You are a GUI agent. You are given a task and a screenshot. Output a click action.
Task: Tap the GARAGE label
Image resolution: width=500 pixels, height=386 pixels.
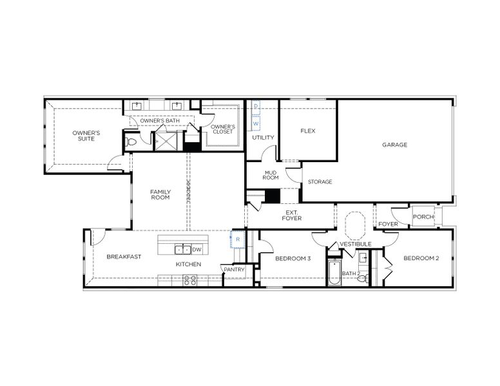click(394, 145)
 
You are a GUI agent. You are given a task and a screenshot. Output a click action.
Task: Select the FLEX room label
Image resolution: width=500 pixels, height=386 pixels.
click(307, 131)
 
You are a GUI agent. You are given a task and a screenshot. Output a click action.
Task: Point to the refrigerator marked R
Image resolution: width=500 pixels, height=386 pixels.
click(237, 239)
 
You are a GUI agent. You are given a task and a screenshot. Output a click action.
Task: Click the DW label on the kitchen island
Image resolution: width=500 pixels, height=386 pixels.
click(197, 250)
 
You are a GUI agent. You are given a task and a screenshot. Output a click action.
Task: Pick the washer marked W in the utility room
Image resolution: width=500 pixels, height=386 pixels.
click(256, 122)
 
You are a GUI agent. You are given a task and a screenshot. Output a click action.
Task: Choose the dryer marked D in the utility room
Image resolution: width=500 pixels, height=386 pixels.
click(256, 106)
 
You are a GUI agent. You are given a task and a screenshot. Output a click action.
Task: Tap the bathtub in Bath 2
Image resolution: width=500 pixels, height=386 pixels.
click(334, 273)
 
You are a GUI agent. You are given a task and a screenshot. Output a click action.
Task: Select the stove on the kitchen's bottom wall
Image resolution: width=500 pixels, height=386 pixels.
click(191, 280)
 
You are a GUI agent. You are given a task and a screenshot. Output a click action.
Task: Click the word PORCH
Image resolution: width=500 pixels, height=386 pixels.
click(423, 217)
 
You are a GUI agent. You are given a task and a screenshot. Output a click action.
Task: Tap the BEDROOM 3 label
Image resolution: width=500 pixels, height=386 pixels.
click(293, 259)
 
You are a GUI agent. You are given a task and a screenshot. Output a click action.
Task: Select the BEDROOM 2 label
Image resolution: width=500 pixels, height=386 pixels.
click(421, 259)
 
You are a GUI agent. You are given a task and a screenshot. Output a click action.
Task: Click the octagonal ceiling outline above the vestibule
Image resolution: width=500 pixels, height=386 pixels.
click(355, 226)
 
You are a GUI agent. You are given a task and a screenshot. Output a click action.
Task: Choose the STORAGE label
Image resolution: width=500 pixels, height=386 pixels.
click(320, 182)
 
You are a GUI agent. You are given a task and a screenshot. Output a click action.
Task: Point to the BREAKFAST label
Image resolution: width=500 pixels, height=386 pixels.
click(124, 256)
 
